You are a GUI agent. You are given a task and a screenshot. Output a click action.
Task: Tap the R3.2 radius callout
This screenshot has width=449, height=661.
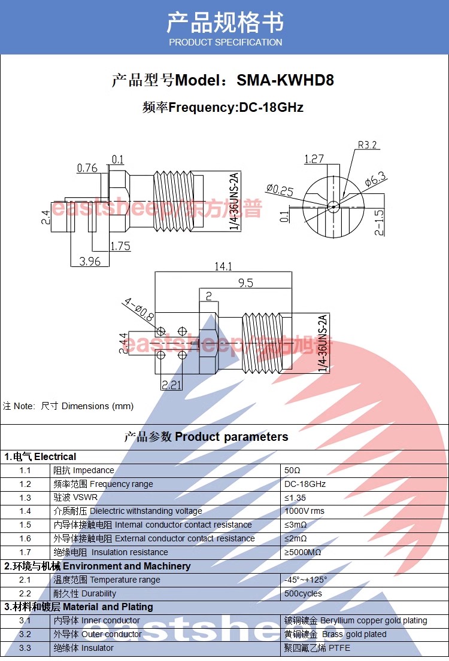pyautogui.click(x=368, y=145)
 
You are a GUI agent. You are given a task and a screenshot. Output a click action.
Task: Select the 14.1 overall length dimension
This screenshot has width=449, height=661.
pyautogui.click(x=223, y=266)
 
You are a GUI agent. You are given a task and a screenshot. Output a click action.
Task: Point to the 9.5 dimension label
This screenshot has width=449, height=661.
pyautogui.click(x=245, y=283)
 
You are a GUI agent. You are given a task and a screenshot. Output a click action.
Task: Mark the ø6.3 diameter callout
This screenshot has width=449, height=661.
pyautogui.click(x=376, y=178)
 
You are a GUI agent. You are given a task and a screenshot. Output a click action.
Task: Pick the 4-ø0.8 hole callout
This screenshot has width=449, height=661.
pyautogui.click(x=139, y=309)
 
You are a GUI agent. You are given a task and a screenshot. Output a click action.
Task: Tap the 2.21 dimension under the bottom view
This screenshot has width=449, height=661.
pyautogui.click(x=171, y=385)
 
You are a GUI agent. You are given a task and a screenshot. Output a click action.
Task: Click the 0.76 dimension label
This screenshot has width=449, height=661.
pyautogui.click(x=87, y=167)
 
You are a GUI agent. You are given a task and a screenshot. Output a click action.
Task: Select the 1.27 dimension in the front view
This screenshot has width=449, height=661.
pyautogui.click(x=314, y=159)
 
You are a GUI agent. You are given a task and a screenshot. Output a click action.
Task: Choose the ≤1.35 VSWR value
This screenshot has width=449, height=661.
pyautogui.click(x=295, y=498)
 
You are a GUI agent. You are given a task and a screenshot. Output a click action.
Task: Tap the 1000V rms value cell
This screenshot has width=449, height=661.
pyautogui.click(x=304, y=511)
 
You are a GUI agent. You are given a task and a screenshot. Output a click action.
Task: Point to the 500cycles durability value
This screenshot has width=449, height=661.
pyautogui.click(x=303, y=593)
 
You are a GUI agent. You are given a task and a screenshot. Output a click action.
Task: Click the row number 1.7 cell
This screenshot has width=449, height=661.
pyautogui.click(x=25, y=552)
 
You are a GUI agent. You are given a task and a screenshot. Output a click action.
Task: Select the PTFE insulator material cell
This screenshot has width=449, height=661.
pyautogui.click(x=317, y=648)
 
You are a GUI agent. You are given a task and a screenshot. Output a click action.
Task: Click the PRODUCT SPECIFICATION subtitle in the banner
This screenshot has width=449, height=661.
pyautogui.click(x=225, y=42)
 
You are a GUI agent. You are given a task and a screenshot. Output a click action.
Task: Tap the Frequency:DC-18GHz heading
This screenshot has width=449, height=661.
pyautogui.click(x=223, y=108)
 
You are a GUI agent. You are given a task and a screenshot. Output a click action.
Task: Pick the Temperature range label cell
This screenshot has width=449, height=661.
pyautogui.click(x=107, y=580)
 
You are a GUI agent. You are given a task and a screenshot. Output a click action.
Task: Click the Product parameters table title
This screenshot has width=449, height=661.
pyautogui.click(x=206, y=437)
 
